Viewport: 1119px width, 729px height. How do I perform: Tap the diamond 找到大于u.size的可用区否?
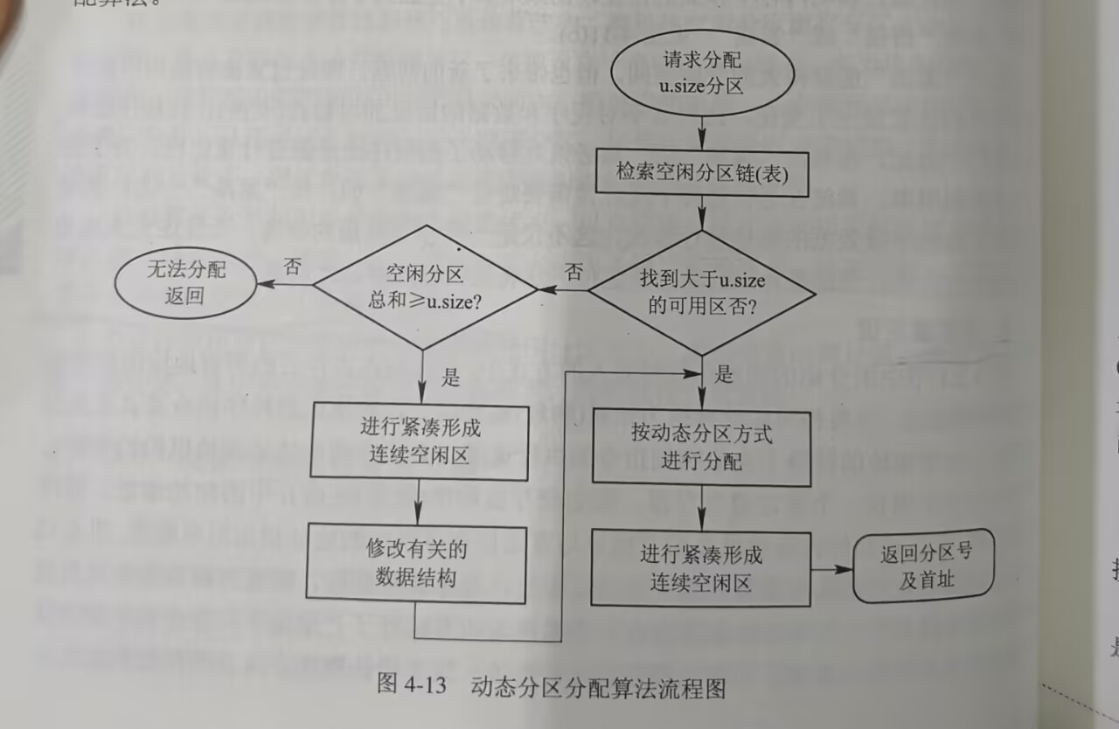pos(702,293)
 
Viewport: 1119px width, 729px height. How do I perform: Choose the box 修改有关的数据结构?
pos(416,565)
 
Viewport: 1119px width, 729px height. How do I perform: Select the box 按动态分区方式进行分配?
pos(701,447)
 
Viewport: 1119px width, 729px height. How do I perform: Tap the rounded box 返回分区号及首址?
pos(925,566)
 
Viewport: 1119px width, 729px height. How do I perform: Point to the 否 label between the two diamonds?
pos(573,271)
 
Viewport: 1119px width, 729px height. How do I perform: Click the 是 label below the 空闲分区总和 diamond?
pos(451,378)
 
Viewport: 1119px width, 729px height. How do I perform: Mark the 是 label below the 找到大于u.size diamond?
pos(724,375)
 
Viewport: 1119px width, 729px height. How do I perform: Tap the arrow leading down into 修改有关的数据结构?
pos(420,502)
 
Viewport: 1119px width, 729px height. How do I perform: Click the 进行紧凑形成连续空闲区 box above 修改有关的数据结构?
pos(420,441)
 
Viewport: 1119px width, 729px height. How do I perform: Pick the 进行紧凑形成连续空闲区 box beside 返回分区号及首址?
pos(700,566)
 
